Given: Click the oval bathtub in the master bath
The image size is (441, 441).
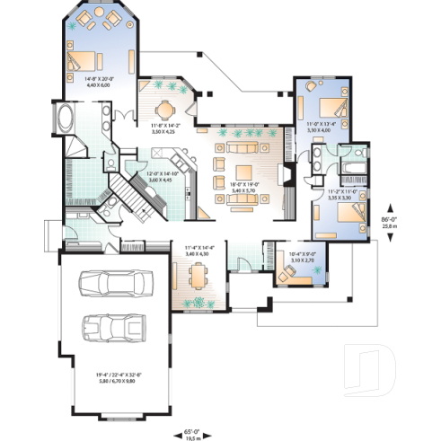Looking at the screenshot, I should [x=69, y=119].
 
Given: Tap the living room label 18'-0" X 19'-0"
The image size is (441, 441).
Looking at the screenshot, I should [x=243, y=188].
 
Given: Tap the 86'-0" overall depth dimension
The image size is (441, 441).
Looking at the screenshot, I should [x=389, y=223].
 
